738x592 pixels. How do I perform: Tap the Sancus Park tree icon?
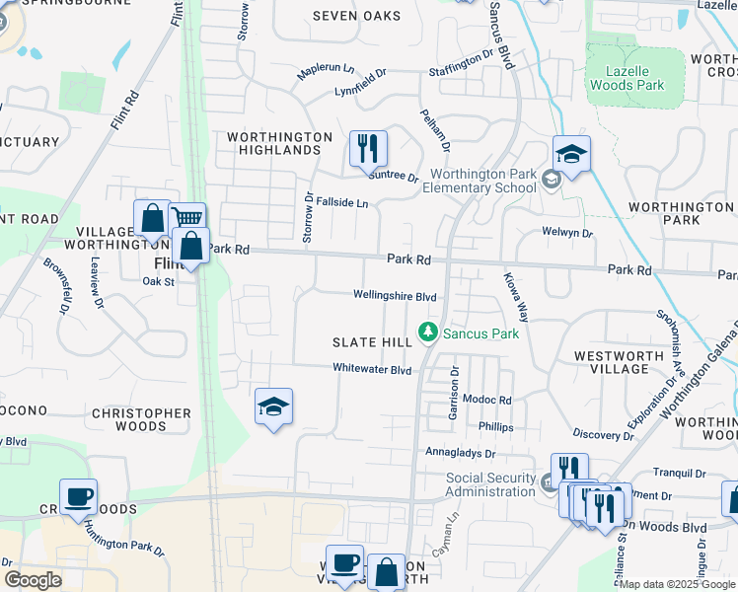point(428,333)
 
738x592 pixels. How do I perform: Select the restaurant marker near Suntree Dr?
point(368,149)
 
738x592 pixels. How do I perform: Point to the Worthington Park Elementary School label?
point(480,181)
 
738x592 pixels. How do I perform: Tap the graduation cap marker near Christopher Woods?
point(274,406)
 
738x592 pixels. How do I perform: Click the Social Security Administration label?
point(491,484)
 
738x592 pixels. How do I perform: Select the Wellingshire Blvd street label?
point(396,296)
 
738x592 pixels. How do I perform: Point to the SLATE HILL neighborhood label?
point(370,341)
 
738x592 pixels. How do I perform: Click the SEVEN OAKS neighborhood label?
point(357,16)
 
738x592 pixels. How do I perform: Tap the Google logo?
point(33,580)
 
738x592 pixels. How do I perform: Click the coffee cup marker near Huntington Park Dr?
point(78,497)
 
